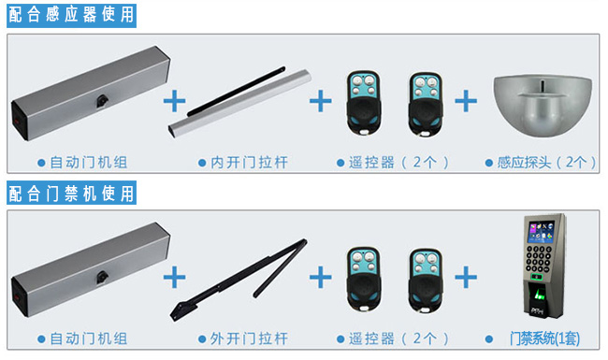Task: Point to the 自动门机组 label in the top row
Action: (x=88, y=163)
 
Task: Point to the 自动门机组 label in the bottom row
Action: (x=88, y=338)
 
